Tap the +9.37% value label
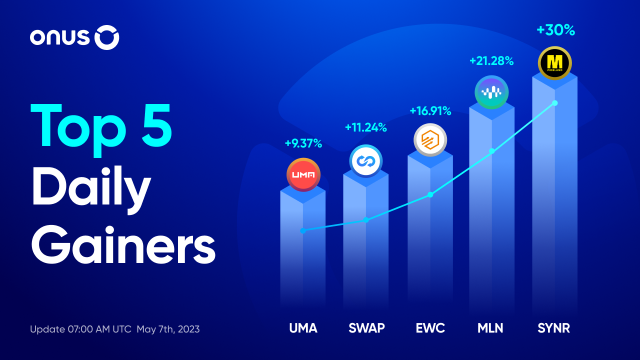pyautogui.click(x=303, y=144)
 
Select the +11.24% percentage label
pyautogui.click(x=366, y=127)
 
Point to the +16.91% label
pyautogui.click(x=430, y=110)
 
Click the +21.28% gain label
pyautogui.click(x=491, y=61)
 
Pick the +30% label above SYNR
pyautogui.click(x=555, y=30)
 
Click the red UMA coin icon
pyautogui.click(x=303, y=174)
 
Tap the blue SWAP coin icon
pyautogui.click(x=366, y=161)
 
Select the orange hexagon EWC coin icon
pyautogui.click(x=430, y=140)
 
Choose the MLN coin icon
pyautogui.click(x=491, y=92)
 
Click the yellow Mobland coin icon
pyautogui.click(x=555, y=63)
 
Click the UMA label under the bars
pyautogui.click(x=303, y=328)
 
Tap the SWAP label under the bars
pyautogui.click(x=366, y=328)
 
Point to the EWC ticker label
pyautogui.click(x=430, y=328)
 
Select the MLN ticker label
pyautogui.click(x=490, y=328)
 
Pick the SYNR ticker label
pyautogui.click(x=553, y=328)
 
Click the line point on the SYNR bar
pyautogui.click(x=554, y=103)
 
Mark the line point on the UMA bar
pyautogui.click(x=303, y=230)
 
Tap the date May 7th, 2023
pyautogui.click(x=168, y=329)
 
